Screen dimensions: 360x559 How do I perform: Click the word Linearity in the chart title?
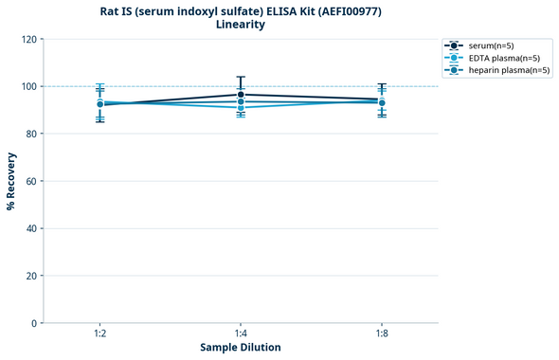(x=241, y=25)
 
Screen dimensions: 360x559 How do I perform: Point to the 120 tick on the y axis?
(x=30, y=39)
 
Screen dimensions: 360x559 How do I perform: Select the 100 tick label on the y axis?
(x=30, y=86)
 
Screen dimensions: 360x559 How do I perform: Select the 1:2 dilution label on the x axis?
(x=99, y=333)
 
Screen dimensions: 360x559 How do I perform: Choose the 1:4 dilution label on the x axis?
(x=241, y=333)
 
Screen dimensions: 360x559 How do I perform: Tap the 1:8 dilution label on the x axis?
(x=382, y=333)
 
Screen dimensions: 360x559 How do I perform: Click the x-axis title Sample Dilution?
(x=241, y=348)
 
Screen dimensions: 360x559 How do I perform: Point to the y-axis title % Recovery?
(x=11, y=180)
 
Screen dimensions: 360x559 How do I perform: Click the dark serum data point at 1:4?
(x=241, y=95)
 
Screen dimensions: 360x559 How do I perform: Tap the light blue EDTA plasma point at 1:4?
(x=241, y=107)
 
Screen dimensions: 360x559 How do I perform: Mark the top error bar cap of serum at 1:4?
(x=241, y=77)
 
